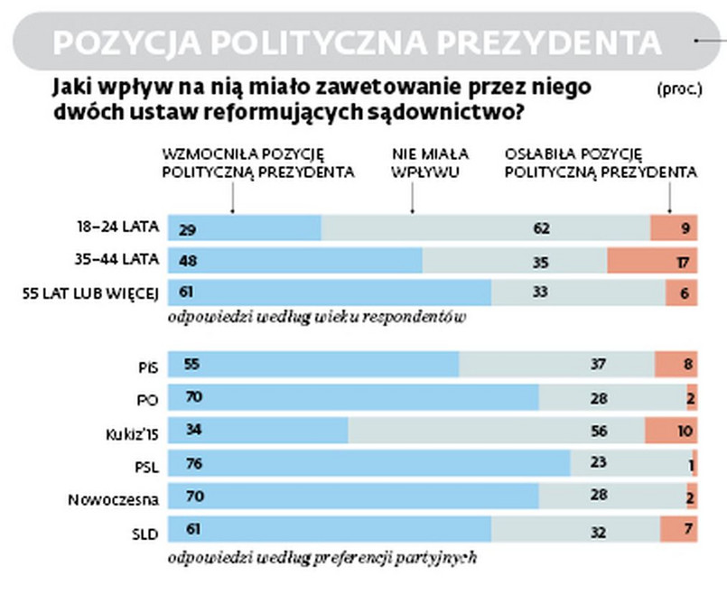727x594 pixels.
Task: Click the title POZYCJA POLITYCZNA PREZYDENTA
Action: pyautogui.click(x=357, y=42)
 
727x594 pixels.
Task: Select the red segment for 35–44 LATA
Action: pyautogui.click(x=652, y=262)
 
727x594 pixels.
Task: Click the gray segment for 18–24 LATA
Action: pyautogui.click(x=486, y=228)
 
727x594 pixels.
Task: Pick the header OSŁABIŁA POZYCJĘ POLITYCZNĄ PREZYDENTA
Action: pyautogui.click(x=600, y=162)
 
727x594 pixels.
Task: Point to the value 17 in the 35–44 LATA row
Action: pyautogui.click(x=682, y=262)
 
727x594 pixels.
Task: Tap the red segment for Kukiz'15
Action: pyautogui.click(x=671, y=431)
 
